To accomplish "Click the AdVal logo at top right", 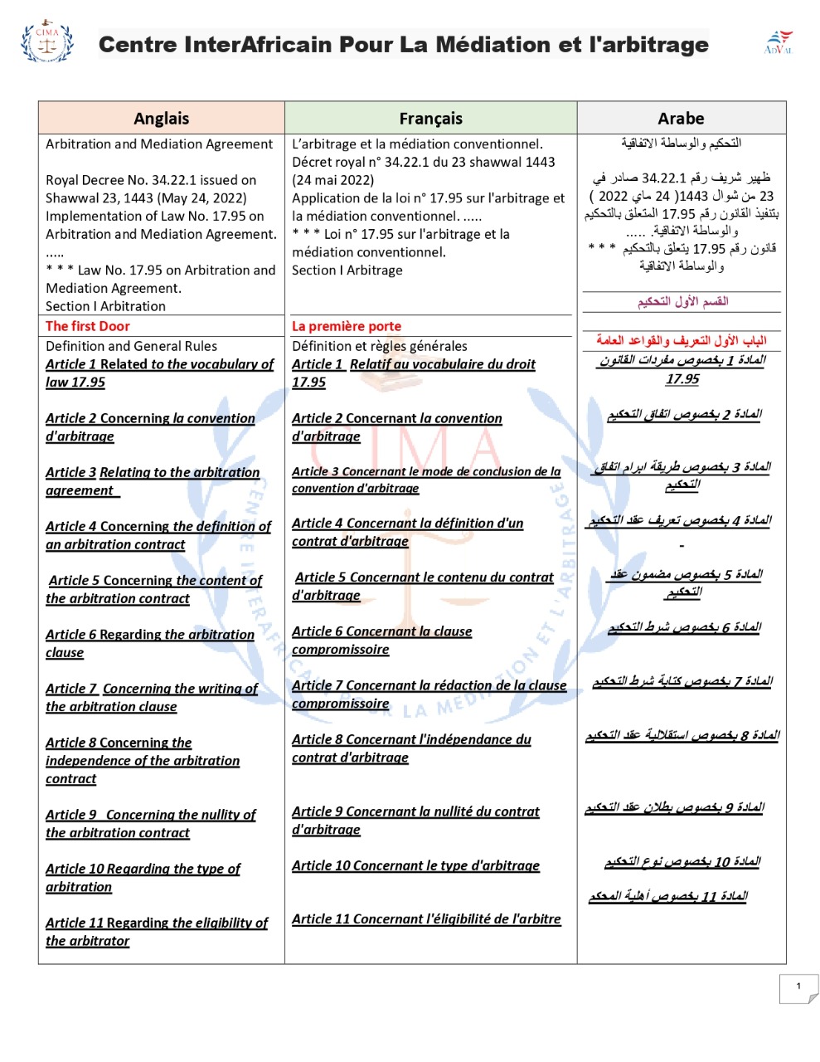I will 778,41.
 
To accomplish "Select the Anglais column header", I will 161,119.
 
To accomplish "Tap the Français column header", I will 430,119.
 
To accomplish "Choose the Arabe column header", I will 681,119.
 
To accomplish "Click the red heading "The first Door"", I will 87,326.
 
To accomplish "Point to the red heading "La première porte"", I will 346,326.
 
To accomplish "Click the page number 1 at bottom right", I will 798,986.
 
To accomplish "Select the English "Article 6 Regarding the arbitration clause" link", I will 149,643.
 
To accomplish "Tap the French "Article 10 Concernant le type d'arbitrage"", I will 415,865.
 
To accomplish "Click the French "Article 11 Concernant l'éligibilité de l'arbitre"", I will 426,918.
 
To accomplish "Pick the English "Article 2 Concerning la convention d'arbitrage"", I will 149,427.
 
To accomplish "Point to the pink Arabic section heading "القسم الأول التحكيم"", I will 682,301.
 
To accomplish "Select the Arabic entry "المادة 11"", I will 668,896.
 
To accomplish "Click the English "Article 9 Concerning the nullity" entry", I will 150,823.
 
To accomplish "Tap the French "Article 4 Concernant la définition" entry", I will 407,532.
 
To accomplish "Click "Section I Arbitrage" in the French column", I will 347,270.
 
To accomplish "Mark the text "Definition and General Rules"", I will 131,346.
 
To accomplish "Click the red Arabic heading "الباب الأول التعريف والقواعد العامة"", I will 681,340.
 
